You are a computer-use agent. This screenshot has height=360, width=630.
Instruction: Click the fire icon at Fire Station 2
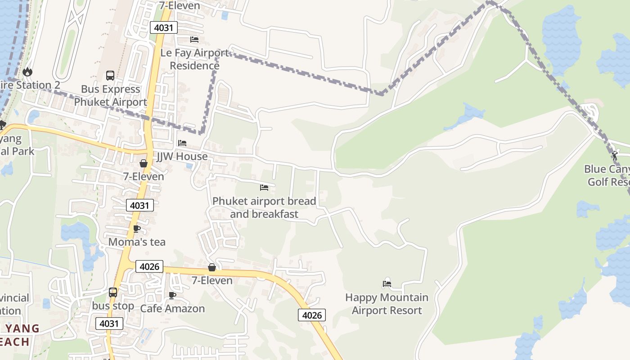[27, 72]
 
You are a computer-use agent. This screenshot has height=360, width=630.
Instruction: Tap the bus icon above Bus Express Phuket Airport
[110, 75]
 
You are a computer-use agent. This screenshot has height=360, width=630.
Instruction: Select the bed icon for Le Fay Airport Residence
[194, 40]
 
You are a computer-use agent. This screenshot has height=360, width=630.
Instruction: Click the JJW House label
[182, 157]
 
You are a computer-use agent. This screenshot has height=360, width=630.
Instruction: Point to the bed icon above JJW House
[182, 143]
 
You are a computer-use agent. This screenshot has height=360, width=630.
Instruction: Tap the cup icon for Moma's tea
[137, 229]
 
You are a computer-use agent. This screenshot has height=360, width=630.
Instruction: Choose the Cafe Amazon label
[172, 309]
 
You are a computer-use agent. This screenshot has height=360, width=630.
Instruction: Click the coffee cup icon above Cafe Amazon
[172, 295]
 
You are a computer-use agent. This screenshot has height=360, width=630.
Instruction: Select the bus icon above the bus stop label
[112, 292]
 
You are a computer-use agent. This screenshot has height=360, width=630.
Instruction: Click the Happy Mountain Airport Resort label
[387, 304]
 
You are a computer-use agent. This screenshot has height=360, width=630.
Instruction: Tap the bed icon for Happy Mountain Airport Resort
[387, 283]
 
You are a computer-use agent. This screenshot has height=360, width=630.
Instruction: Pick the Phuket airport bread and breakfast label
[264, 207]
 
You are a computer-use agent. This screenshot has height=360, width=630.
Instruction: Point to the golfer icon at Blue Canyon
[615, 156]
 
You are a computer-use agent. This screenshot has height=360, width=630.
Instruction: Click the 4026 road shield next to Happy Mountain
[311, 315]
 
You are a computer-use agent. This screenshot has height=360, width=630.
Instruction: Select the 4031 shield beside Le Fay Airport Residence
[164, 28]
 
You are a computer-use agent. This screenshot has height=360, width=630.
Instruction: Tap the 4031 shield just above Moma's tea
[139, 206]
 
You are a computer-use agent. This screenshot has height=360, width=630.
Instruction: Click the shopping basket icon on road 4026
[211, 267]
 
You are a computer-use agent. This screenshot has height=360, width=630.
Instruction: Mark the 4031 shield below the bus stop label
[109, 324]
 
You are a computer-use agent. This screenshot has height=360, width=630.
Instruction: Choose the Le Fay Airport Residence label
[194, 59]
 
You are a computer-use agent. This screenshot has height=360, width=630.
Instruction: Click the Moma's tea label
[137, 242]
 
